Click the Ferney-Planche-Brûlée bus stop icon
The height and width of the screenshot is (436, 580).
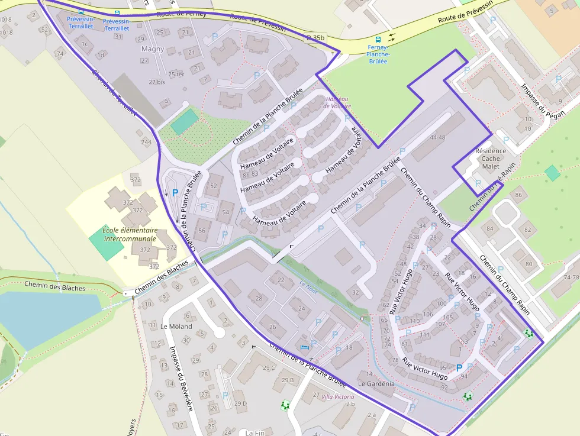(378, 40)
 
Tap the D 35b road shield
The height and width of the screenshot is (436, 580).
(316, 38)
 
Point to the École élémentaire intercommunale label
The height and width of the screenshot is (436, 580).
(130, 234)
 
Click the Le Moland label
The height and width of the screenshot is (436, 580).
(176, 326)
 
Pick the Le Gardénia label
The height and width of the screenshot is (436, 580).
(376, 383)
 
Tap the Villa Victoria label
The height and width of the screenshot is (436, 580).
(337, 396)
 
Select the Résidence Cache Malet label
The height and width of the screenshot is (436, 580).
(491, 159)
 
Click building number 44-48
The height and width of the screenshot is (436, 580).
(438, 137)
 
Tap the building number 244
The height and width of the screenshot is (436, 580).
(146, 142)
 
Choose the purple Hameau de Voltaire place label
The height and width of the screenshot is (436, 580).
(337, 102)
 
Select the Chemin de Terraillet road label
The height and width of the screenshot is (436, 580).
(114, 93)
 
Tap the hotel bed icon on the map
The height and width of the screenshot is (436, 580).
(304, 347)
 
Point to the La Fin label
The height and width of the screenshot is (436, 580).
(254, 432)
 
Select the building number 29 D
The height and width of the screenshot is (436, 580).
(240, 403)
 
